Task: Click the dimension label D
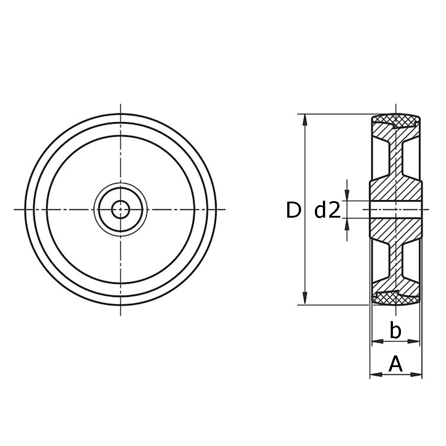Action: click(x=293, y=210)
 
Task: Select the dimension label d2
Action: click(x=327, y=210)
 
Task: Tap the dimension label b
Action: click(x=395, y=330)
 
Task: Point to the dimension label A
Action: click(x=396, y=364)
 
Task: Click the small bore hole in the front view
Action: click(x=120, y=210)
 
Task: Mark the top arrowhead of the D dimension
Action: click(x=305, y=120)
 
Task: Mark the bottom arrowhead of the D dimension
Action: click(x=305, y=299)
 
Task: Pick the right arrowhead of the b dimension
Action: click(x=414, y=341)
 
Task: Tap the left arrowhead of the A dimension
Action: click(x=376, y=374)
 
